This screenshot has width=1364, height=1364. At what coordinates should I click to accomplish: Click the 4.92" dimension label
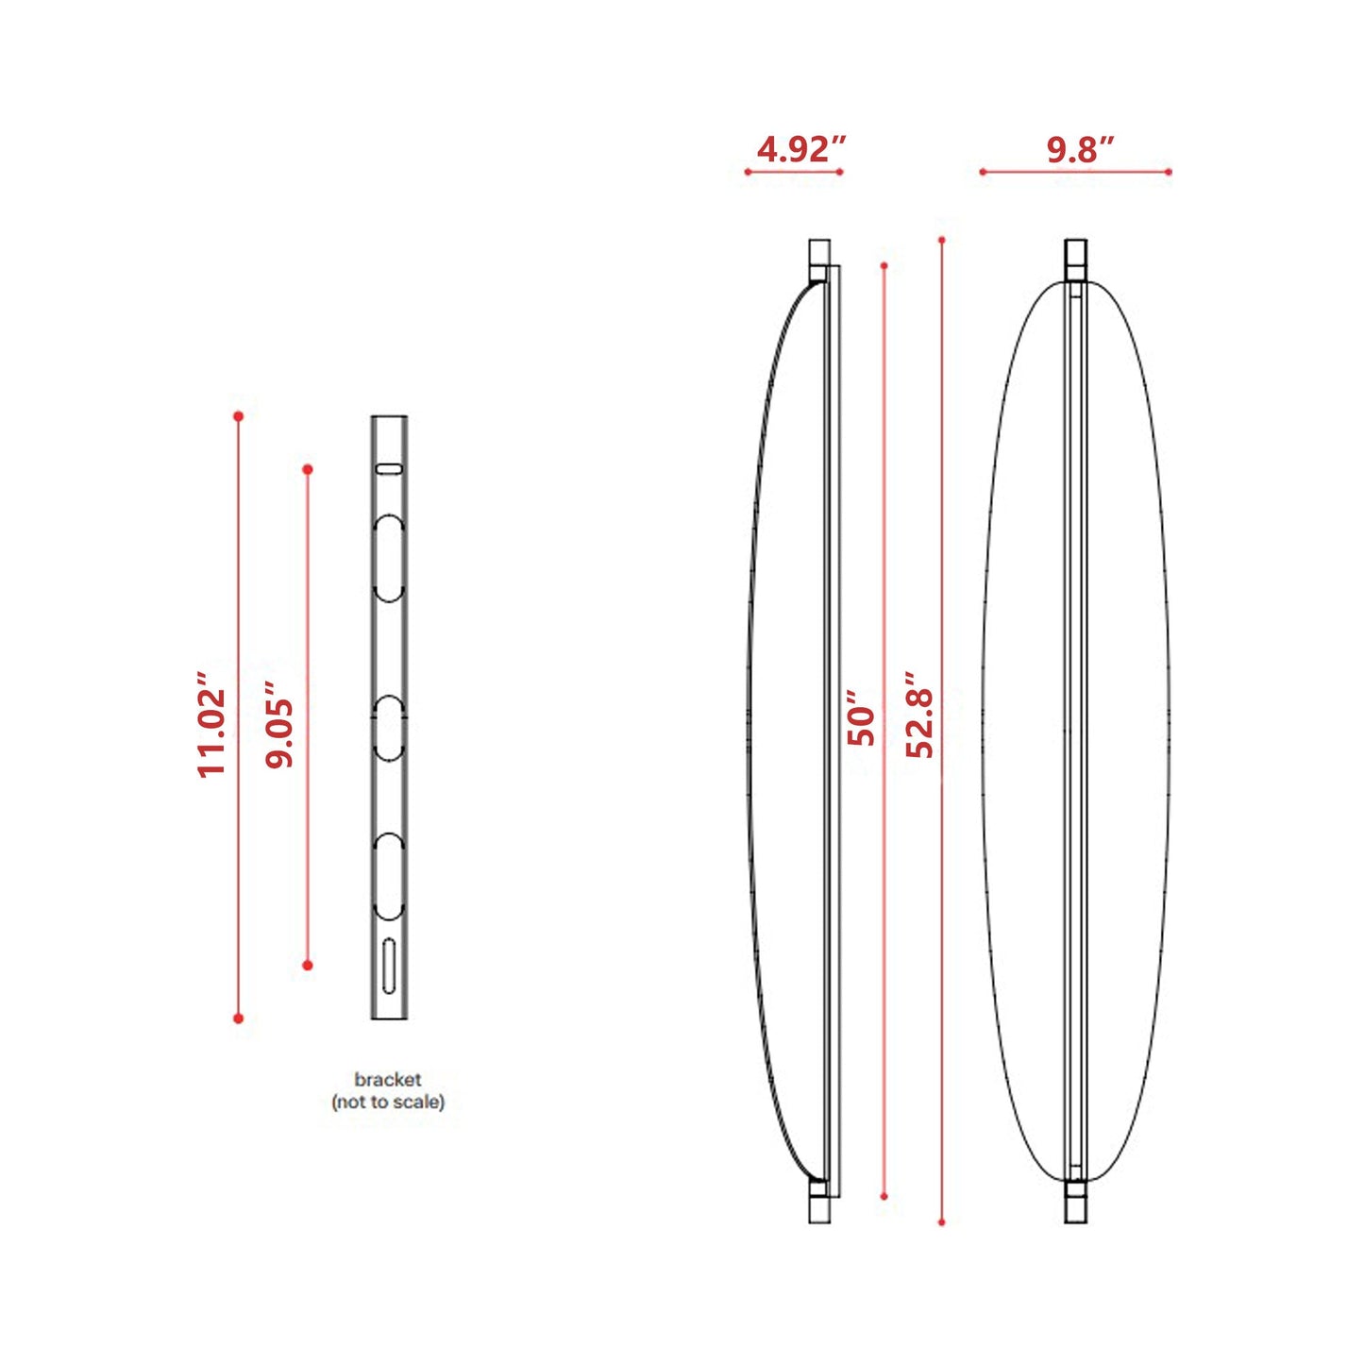(800, 149)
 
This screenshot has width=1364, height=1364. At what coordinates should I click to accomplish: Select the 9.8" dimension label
(1079, 149)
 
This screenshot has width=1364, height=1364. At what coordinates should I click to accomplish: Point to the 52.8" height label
(919, 716)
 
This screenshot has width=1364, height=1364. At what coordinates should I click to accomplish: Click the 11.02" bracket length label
(211, 725)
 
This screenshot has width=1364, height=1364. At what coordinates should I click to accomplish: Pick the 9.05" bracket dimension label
(279, 724)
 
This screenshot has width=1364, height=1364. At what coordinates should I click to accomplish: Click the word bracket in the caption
(387, 1079)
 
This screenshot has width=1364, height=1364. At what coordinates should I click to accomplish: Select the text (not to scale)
(387, 1102)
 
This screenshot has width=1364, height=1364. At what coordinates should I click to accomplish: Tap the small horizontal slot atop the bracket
(389, 468)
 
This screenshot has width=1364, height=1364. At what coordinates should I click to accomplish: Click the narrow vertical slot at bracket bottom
(389, 965)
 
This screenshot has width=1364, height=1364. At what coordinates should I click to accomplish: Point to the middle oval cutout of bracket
(389, 728)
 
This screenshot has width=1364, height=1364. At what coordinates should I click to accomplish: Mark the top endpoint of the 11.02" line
(239, 416)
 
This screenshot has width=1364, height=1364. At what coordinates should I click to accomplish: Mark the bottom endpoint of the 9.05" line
(308, 965)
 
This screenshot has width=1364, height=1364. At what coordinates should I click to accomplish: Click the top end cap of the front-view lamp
(1075, 258)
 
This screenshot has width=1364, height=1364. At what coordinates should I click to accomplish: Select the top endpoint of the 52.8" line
(941, 240)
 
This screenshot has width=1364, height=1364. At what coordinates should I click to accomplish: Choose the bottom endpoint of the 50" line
(884, 1196)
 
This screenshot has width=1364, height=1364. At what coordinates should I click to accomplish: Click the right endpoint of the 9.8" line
(1169, 172)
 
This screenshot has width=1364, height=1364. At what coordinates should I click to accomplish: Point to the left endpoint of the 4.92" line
(748, 172)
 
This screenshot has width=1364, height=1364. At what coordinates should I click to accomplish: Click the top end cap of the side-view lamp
(819, 258)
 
